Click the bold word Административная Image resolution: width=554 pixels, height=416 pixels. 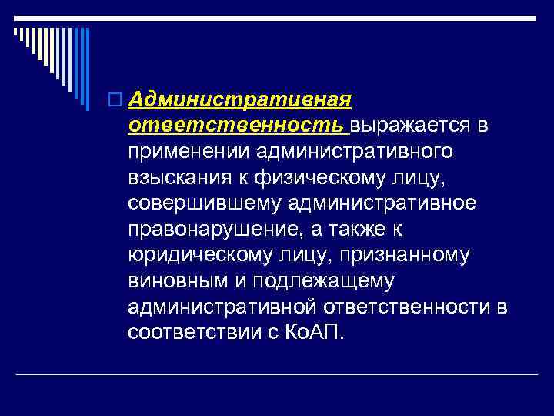point(241,99)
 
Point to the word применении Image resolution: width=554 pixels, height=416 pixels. point(190,152)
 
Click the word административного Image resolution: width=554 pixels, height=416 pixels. point(355,152)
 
